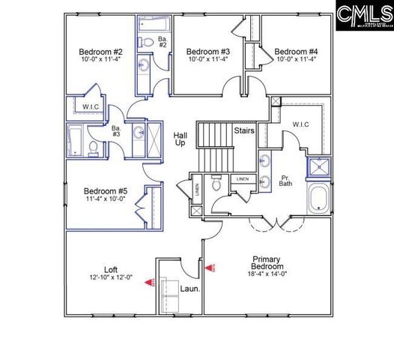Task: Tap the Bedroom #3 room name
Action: coord(207,52)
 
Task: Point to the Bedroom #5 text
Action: coord(105,191)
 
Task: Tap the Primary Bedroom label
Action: coord(267,262)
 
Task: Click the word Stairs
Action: coord(245,130)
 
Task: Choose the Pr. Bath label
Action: coord(285,179)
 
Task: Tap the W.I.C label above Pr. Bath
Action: coord(300,124)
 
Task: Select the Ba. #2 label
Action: coord(162,40)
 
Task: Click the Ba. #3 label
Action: coord(116,132)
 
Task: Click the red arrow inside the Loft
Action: coord(148,283)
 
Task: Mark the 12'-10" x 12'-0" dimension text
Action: coord(109,277)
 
